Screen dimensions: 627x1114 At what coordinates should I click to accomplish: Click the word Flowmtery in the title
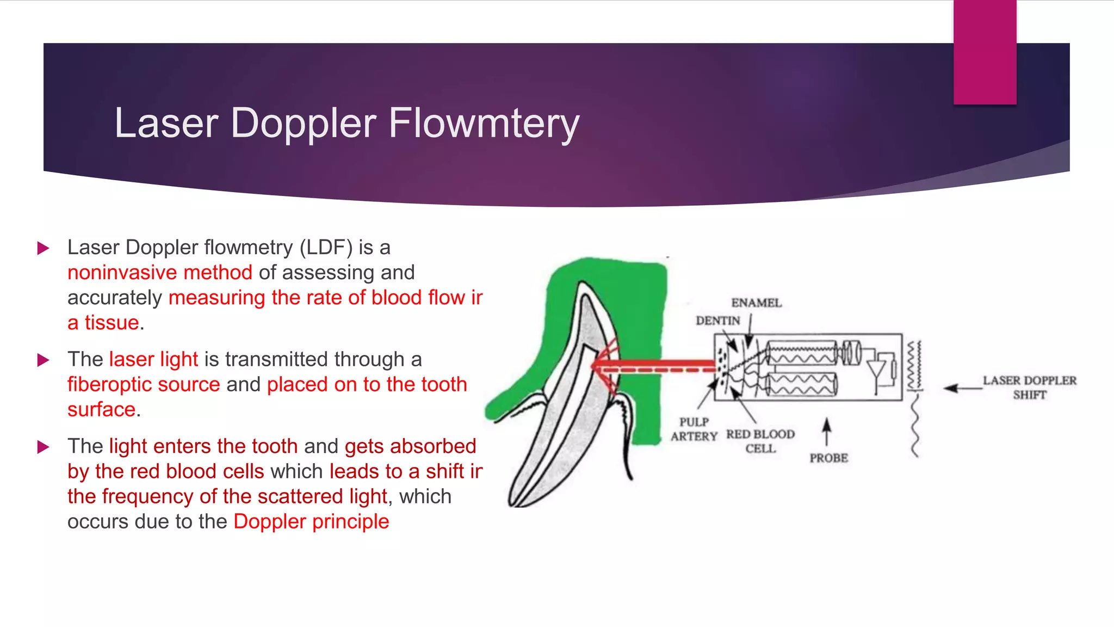[x=484, y=124]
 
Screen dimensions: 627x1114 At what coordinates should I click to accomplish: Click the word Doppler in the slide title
[x=303, y=124]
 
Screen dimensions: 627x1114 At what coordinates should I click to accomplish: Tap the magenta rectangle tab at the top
[x=985, y=52]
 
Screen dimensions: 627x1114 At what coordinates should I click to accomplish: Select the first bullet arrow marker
[x=43, y=249]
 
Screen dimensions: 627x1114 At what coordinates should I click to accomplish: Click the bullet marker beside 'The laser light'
[x=43, y=360]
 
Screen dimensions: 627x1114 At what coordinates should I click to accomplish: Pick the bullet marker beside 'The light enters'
[x=43, y=447]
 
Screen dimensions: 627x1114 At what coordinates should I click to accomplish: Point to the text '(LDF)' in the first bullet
[x=326, y=248]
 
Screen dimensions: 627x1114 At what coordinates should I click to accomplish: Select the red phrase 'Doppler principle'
[x=311, y=522]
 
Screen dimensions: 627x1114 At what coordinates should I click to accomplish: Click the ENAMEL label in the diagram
[x=756, y=303]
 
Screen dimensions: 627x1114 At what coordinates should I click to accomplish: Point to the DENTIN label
[x=718, y=321]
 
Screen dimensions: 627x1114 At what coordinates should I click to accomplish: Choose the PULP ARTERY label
[x=694, y=429]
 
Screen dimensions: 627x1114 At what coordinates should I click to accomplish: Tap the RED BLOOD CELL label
[x=760, y=441]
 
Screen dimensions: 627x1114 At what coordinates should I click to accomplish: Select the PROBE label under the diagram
[x=828, y=458]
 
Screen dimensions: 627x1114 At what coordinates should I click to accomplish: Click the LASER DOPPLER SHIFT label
[x=1029, y=388]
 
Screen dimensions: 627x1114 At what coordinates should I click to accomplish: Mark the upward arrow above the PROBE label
[x=827, y=432]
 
